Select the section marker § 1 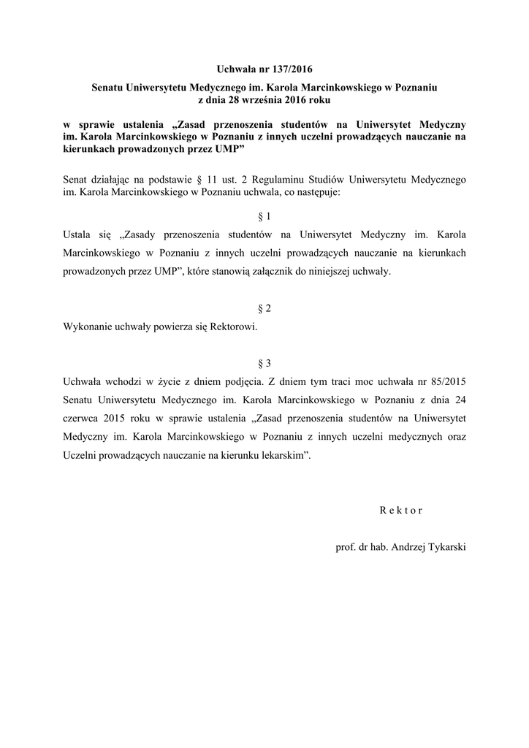tap(264, 217)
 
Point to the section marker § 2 tap(264, 308)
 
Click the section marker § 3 tap(264, 362)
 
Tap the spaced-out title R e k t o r tap(401, 511)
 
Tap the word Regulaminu tap(308, 178)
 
